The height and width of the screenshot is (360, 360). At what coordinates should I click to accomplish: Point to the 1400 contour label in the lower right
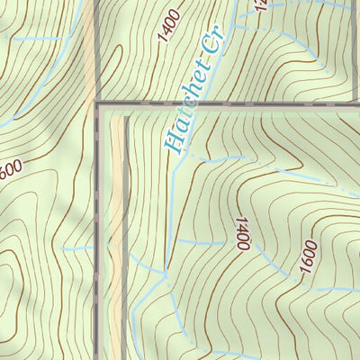pos(241,232)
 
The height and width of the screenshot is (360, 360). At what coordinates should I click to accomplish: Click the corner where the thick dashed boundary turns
pos(96,104)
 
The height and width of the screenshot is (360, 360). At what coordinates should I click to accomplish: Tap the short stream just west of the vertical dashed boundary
pos(79,248)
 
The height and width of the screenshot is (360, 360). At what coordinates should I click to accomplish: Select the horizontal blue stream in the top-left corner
pos(36,40)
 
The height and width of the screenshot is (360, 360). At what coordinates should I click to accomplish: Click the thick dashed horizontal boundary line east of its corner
pos(270,104)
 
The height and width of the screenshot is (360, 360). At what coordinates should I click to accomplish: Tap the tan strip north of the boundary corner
pos(91,54)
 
